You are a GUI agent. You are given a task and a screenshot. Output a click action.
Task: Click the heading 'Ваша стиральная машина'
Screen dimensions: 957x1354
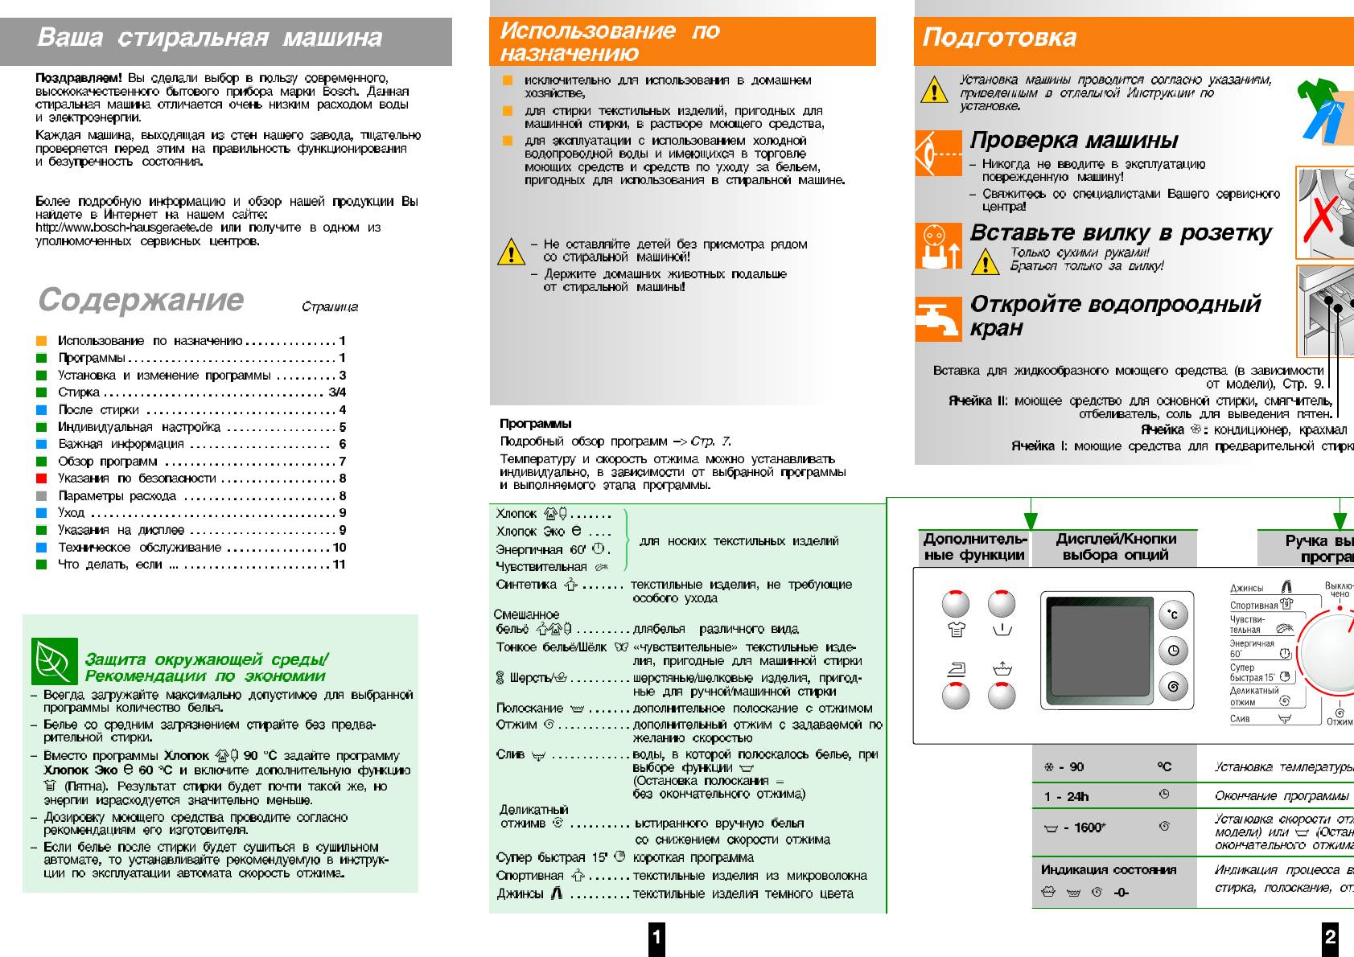[209, 38]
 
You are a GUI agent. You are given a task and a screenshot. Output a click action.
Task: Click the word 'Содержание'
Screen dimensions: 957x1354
[141, 299]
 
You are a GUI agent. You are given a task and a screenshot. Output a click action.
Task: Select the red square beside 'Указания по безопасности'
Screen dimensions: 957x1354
[42, 478]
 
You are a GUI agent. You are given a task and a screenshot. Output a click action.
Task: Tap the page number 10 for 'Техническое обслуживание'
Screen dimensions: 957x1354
[340, 548]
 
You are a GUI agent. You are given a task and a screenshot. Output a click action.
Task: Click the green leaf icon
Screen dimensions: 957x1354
[54, 661]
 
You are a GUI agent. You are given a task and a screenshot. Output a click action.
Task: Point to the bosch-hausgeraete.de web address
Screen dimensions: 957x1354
[124, 228]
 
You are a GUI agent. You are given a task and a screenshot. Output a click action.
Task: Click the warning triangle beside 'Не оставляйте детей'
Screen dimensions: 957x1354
[511, 252]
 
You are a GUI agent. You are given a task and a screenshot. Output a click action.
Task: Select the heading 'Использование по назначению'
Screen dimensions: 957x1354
[609, 42]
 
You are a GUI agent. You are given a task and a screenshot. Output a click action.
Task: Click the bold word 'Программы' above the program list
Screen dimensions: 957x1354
[535, 424]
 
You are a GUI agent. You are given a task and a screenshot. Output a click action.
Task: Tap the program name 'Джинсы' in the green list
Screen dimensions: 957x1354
[520, 893]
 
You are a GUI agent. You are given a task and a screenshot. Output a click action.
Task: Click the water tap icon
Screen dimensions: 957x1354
[938, 318]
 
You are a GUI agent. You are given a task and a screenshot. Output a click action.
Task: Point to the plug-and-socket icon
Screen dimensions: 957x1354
[938, 245]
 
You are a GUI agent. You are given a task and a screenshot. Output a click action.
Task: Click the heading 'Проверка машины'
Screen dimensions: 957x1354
[1073, 140]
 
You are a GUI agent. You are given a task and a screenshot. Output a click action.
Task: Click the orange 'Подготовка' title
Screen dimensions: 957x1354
[998, 38]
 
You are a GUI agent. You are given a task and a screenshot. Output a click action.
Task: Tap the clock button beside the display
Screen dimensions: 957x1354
[1173, 651]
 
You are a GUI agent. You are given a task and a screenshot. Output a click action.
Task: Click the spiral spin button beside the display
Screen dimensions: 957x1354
[1173, 687]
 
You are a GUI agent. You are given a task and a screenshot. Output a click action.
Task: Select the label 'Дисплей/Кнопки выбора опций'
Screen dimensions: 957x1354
[1115, 547]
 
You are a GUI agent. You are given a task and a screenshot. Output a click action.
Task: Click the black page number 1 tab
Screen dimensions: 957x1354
[656, 937]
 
